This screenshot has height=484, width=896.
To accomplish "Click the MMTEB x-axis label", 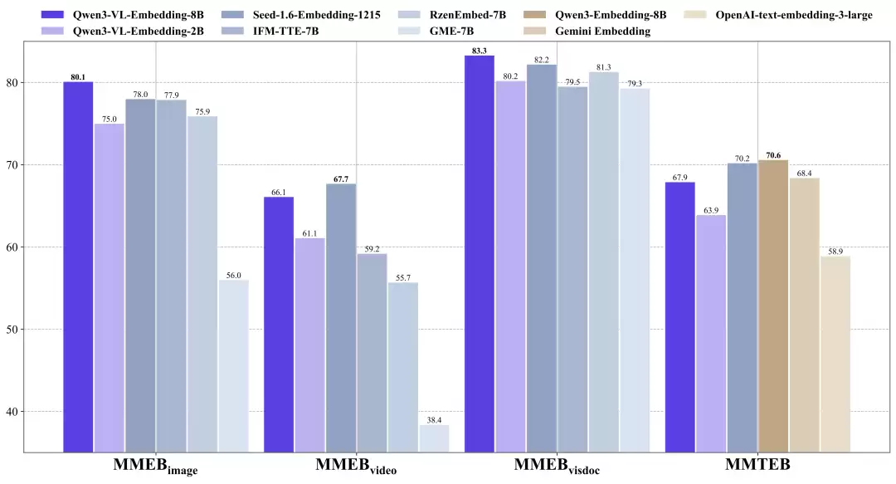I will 757,466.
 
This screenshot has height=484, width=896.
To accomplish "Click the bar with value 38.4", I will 434,438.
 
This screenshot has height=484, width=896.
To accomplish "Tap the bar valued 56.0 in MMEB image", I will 233,365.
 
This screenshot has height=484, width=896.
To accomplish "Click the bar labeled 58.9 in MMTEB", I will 835,354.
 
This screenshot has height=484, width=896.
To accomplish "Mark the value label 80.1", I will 78,76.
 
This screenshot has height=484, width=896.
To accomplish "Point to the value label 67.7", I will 341,178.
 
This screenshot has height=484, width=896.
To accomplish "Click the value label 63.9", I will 711,210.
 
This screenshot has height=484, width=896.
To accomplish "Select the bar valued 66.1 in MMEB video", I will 278,324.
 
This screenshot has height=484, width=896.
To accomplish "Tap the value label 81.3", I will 603,67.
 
